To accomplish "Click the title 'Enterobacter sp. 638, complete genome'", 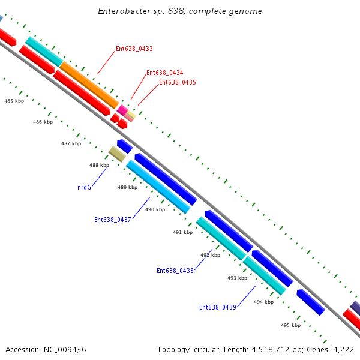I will point(180,11).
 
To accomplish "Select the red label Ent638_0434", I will point(164,73).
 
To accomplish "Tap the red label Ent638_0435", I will point(177,82).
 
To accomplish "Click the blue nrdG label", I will point(84,187).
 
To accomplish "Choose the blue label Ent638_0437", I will point(112,220).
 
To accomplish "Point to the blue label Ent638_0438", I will point(175,271).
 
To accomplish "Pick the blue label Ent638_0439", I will point(217,307).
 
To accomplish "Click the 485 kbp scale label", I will point(14,101).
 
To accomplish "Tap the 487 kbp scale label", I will point(71,143).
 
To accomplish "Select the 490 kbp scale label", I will point(155,209).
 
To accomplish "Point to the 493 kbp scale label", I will point(237,278).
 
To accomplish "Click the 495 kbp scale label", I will point(290,325).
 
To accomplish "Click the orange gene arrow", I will point(89,85).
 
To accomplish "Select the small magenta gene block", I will point(122,110).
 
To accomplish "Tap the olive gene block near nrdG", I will point(117,154).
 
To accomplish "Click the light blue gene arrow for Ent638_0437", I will point(158,187).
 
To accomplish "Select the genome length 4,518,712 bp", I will point(265,349).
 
